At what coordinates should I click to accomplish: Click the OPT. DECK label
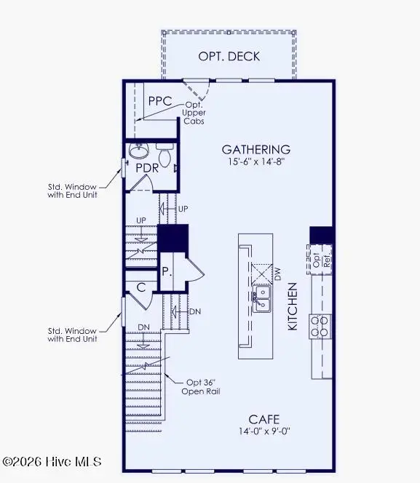pos(229,57)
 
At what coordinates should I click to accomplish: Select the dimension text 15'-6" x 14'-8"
pos(255,163)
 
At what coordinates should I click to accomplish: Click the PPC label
pos(159,102)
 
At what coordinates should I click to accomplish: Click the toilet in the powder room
pos(165,154)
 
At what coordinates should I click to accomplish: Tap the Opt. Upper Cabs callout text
pos(194,113)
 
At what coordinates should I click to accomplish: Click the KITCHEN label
pos(293,306)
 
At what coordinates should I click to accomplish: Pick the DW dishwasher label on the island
pos(277,274)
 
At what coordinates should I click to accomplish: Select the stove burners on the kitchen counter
pos(319,325)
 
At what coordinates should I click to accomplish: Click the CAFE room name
pos(263,419)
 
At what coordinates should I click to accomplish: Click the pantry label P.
pos(166,271)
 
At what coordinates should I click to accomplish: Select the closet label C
pos(142,287)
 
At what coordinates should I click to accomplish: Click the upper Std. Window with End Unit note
pos(72,190)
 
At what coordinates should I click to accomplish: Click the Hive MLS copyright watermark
pos(52,462)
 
